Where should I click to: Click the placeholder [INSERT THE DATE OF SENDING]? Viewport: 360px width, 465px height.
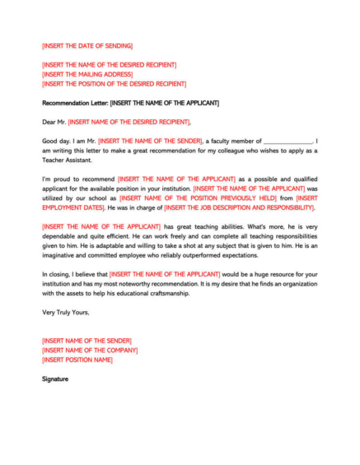click(x=87, y=45)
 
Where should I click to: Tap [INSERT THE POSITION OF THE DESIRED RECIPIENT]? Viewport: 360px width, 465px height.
click(x=114, y=83)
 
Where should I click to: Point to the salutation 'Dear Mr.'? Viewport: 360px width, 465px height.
click(x=54, y=122)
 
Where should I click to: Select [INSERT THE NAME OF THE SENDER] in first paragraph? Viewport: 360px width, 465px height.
click(x=150, y=141)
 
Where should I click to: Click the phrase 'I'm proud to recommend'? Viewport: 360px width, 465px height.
click(x=78, y=179)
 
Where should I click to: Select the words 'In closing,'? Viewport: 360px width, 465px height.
click(x=58, y=274)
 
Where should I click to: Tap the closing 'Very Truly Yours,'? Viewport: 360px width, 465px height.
click(x=65, y=312)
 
